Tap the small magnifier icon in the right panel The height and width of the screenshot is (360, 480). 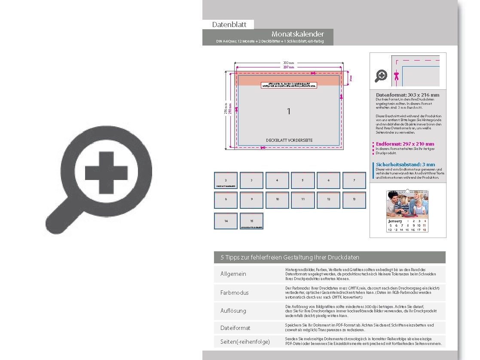[381, 76]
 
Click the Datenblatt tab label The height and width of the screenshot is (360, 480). [229, 24]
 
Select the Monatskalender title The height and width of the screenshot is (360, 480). [297, 34]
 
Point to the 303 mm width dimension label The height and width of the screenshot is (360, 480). [288, 63]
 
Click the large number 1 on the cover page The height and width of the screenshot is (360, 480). [289, 111]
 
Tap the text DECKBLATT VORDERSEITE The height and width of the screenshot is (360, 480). [289, 140]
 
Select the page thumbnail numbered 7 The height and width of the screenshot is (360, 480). [354, 180]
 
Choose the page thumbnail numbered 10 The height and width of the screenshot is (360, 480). [277, 200]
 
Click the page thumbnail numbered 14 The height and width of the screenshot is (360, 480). [226, 221]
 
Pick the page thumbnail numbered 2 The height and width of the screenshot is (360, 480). [226, 180]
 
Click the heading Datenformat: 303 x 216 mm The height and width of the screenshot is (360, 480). [407, 95]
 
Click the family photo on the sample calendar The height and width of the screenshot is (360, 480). [407, 204]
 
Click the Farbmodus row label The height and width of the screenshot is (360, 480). [234, 293]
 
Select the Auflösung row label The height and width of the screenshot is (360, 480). [233, 311]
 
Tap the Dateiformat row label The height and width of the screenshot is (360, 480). [235, 328]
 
